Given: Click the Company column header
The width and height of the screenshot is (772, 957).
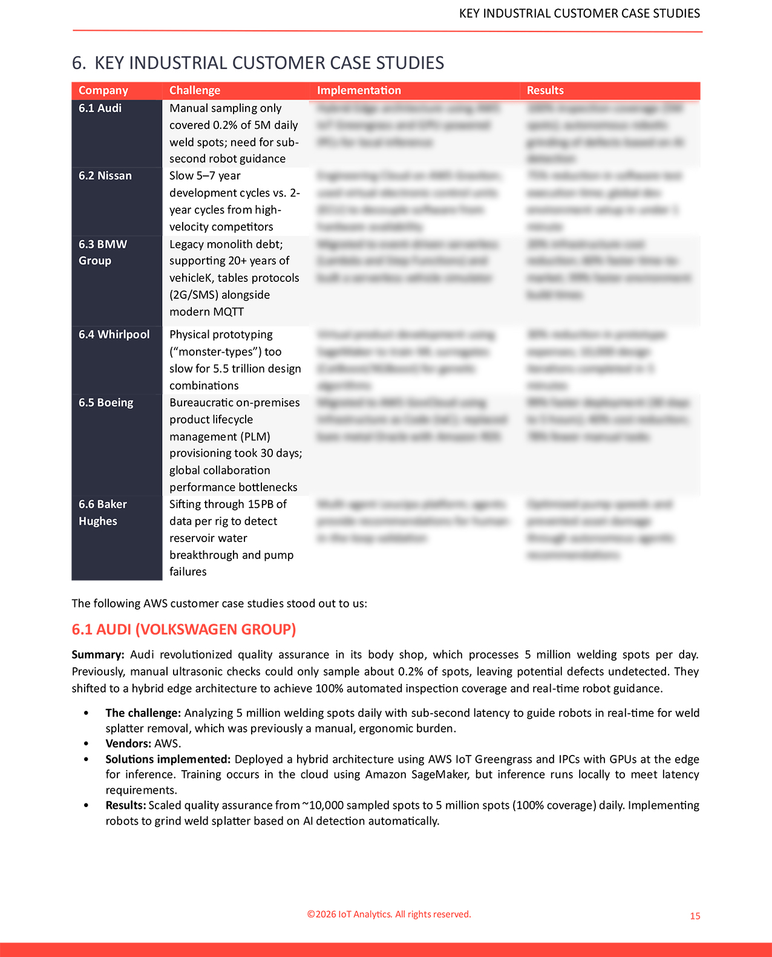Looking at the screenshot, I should click(x=103, y=90).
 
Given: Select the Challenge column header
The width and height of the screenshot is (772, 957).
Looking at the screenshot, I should click(x=195, y=90).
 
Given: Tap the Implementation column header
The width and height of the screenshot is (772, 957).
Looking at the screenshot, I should click(x=359, y=90).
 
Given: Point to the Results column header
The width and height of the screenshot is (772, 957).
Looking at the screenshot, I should click(x=545, y=90).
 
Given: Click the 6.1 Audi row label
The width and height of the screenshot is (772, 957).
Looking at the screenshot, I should click(x=100, y=108).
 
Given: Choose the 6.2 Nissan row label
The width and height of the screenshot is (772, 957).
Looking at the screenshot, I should click(x=105, y=176).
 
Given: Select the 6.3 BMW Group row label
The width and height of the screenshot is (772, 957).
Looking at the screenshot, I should click(x=103, y=252).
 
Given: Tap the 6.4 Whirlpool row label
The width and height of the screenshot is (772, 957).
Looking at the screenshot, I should click(x=114, y=335).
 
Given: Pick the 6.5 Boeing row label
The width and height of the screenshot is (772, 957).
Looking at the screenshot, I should click(x=106, y=403).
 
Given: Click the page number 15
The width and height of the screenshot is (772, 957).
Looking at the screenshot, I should click(x=695, y=916).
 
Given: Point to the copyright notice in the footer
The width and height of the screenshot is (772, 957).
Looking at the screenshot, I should click(x=389, y=914).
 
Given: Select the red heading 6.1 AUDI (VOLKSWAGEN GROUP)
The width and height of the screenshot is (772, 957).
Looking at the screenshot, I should click(x=184, y=629).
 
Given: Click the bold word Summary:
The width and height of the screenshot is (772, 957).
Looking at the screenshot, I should click(x=98, y=655).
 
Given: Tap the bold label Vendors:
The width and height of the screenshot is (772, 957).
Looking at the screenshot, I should click(x=128, y=743).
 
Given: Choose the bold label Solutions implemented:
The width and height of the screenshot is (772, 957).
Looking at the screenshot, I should click(x=168, y=759).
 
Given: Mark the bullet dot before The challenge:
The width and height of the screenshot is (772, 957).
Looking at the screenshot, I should click(x=87, y=713).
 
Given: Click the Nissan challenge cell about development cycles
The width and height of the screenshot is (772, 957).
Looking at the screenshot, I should click(x=235, y=201).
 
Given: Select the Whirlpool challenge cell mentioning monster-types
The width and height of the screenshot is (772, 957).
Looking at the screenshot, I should click(x=235, y=360).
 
